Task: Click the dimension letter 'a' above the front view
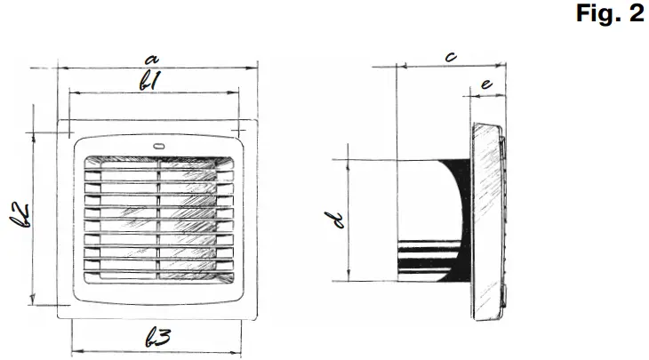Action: [x=152, y=56]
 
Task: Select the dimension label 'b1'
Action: [x=152, y=81]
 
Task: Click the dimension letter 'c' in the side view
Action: [x=451, y=57]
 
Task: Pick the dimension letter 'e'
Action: [x=485, y=84]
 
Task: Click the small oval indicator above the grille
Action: [x=159, y=148]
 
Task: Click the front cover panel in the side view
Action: [x=485, y=218]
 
